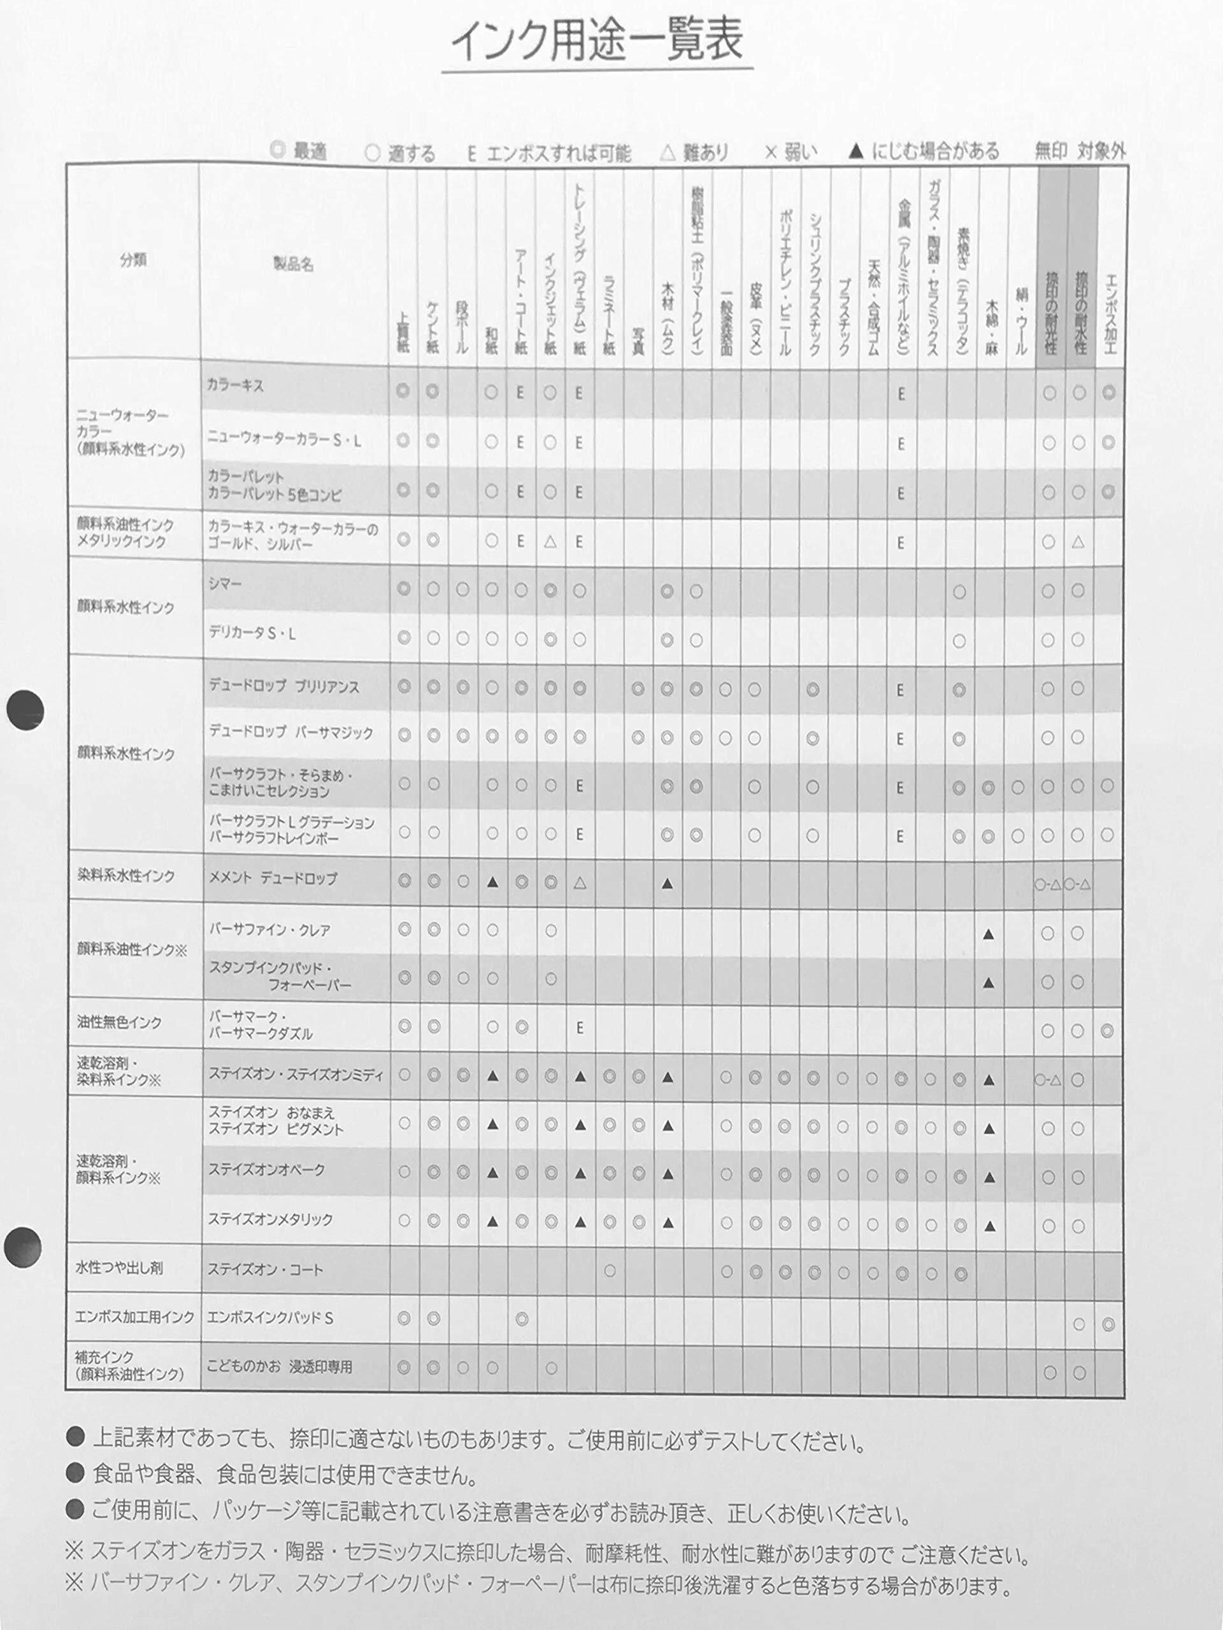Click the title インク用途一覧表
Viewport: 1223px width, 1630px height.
[x=596, y=41]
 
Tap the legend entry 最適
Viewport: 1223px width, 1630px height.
[x=299, y=151]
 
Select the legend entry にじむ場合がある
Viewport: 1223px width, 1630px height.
[x=924, y=152]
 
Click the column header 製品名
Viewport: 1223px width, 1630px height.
[x=294, y=264]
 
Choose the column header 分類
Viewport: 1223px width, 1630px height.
[x=133, y=259]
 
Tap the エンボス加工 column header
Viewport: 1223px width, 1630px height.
[x=1110, y=313]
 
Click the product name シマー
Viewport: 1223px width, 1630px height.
[x=225, y=584]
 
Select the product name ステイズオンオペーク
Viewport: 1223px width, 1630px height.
[x=266, y=1170]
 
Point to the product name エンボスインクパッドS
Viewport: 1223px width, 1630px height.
[x=270, y=1317]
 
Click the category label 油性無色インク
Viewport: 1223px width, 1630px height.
[x=118, y=1022]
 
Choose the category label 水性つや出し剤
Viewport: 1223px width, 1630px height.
[x=118, y=1268]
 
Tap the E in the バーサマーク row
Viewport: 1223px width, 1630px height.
[x=580, y=1027]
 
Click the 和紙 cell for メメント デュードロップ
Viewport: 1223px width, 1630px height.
[x=492, y=881]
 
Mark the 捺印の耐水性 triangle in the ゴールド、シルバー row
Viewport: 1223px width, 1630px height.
[x=1078, y=542]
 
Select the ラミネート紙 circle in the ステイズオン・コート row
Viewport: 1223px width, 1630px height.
[x=610, y=1271]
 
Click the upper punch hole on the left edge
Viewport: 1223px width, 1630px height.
[x=25, y=711]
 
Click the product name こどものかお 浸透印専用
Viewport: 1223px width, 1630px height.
[x=280, y=1367]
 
